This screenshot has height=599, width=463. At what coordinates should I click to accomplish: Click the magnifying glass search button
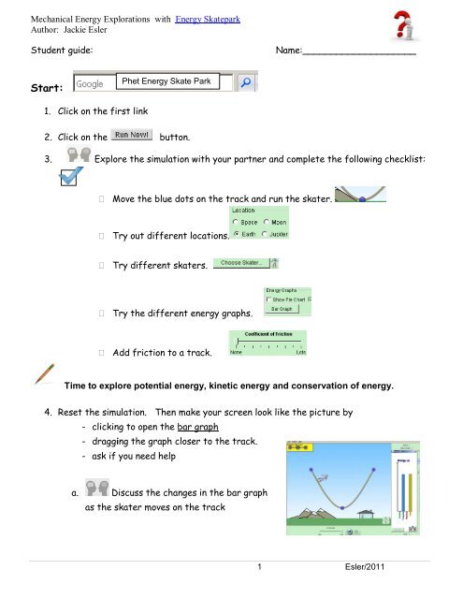coord(246,83)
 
